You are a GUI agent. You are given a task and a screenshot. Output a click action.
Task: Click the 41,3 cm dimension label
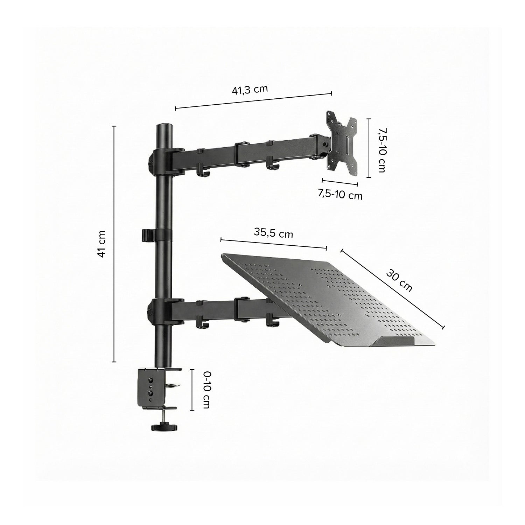250,90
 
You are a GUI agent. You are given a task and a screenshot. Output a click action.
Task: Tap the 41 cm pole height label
101,244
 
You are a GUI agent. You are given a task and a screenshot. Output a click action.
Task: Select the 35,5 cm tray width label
274,233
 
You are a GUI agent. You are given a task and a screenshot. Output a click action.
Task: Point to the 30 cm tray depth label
399,280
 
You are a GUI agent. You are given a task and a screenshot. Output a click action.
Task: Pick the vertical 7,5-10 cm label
381,149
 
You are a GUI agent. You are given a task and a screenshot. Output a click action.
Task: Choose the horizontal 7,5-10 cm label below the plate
340,195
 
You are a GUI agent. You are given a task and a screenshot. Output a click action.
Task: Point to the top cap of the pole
164,127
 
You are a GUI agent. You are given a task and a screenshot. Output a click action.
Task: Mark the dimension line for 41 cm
114,244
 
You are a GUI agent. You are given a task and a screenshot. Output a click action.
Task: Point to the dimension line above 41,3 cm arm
253,101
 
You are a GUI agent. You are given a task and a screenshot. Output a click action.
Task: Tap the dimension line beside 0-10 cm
192,390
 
